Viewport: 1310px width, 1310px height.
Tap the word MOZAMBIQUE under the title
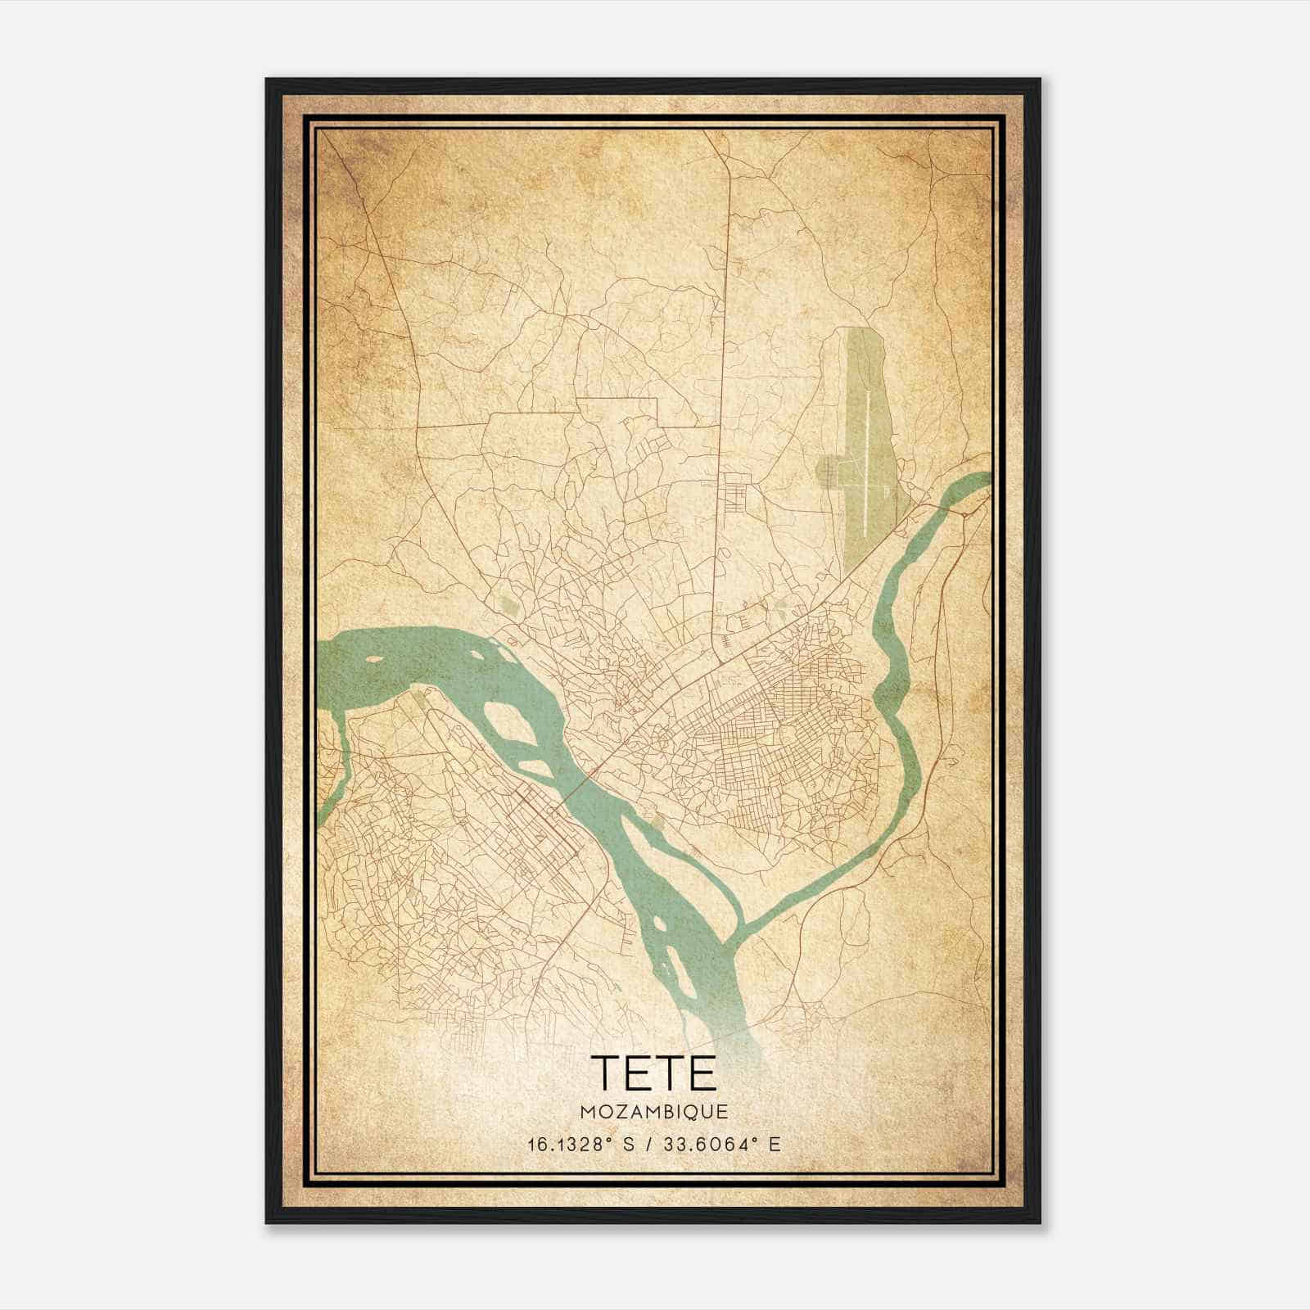pyautogui.click(x=653, y=1112)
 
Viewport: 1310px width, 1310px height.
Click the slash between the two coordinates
pyautogui.click(x=648, y=1145)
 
